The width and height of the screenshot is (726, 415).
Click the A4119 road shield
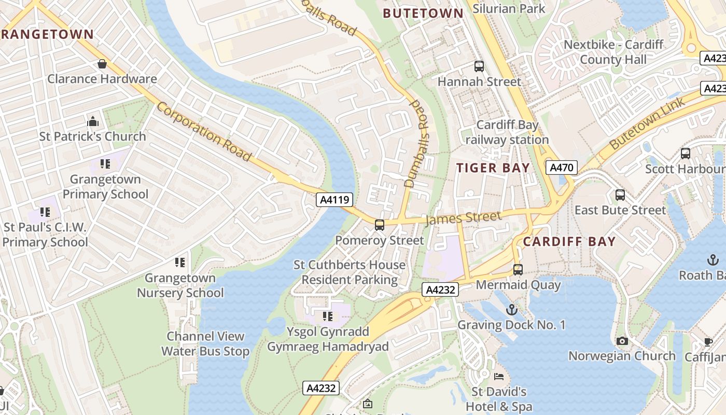(335, 200)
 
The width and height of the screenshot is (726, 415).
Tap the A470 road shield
(562, 168)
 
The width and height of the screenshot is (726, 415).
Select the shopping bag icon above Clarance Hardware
(102, 64)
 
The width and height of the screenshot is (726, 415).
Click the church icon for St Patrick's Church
(93, 121)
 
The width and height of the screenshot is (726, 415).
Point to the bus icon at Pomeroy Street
(380, 225)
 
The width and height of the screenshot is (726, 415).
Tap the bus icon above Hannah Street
(479, 66)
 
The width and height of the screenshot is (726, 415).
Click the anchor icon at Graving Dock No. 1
(512, 310)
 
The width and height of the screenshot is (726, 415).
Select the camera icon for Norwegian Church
(622, 341)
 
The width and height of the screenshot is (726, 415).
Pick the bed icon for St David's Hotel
(499, 376)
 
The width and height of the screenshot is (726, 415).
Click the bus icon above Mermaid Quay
(518, 270)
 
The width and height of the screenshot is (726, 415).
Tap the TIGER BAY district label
(493, 168)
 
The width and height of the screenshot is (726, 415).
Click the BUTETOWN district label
(423, 13)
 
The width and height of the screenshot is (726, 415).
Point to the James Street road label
(464, 218)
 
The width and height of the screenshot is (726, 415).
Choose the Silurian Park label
(509, 8)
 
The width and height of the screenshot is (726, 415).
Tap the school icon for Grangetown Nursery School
(180, 262)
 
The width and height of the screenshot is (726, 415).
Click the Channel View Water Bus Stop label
(205, 344)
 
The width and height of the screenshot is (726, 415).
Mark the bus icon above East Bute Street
(620, 195)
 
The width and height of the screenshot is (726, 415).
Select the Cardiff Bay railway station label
(507, 132)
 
